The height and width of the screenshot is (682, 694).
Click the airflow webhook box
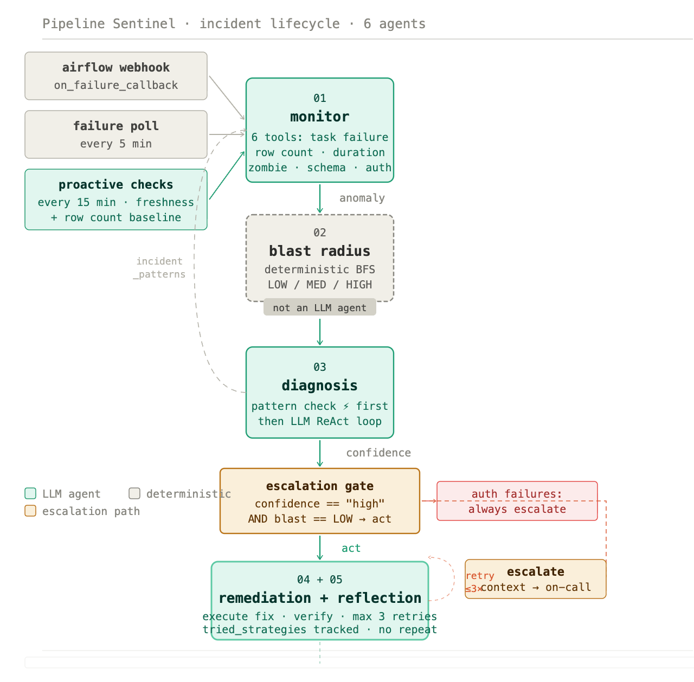click(x=115, y=76)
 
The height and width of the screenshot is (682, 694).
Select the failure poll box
click(x=115, y=134)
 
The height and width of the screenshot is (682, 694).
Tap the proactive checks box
click(x=115, y=199)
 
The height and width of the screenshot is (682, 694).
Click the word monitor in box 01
click(x=319, y=117)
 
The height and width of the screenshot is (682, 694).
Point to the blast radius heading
click(x=319, y=251)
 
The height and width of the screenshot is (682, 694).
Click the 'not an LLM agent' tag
click(x=319, y=307)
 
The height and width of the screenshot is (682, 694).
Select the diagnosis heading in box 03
click(x=319, y=385)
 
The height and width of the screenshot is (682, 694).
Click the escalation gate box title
click(x=319, y=486)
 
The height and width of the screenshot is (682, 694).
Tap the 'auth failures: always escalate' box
click(x=517, y=501)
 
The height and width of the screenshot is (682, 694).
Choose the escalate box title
click(x=536, y=571)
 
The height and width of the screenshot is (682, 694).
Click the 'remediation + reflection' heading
click(x=320, y=598)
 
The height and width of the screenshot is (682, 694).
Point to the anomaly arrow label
click(x=362, y=198)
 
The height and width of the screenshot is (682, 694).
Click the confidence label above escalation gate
click(x=378, y=453)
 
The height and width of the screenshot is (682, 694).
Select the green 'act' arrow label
click(x=351, y=548)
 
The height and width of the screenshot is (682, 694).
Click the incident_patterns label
click(x=159, y=268)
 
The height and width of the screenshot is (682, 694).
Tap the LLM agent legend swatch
click(x=30, y=493)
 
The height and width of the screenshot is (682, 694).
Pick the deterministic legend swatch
click(x=134, y=493)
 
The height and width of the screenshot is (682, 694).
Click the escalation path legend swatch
click(x=30, y=511)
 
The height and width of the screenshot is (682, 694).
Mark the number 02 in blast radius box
click(x=319, y=233)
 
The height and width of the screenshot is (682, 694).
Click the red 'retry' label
click(x=480, y=576)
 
